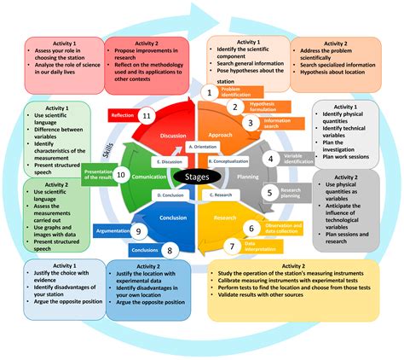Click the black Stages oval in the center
pos(198,177)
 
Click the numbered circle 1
pos(206,91)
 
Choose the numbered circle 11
pos(146,115)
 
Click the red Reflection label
pos(121,114)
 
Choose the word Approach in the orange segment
pos(221,134)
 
